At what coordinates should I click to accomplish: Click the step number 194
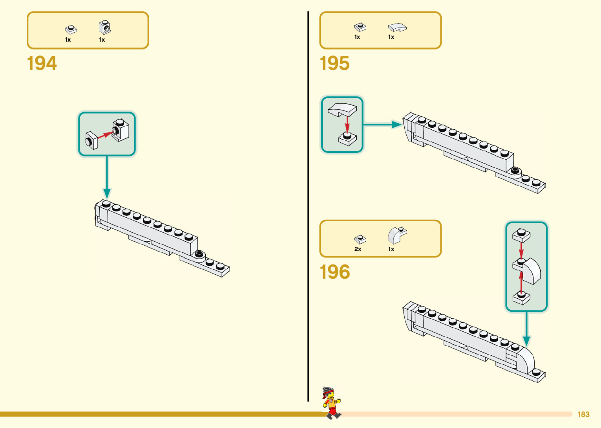point(42,63)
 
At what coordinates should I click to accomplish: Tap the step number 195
point(334,63)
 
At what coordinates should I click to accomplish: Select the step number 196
point(334,272)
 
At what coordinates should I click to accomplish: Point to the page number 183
point(583,415)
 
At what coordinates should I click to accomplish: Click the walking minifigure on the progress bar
point(331,403)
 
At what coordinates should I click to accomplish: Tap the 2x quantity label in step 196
point(358,249)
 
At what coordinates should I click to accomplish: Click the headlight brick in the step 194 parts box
point(105,28)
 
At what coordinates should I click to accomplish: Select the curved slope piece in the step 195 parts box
point(397,27)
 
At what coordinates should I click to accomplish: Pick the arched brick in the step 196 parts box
point(397,235)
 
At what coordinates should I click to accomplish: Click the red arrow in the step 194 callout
point(105,135)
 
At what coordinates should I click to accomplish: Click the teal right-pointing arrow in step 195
point(383,125)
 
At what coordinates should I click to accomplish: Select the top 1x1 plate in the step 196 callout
point(521,235)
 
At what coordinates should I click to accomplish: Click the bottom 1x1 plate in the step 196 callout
point(521,298)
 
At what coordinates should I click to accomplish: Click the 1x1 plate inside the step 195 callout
point(347,138)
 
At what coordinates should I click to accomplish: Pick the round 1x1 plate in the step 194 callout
point(91,140)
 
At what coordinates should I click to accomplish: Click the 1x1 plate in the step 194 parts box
point(71,29)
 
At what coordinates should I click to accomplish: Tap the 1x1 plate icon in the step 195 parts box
point(360,27)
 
